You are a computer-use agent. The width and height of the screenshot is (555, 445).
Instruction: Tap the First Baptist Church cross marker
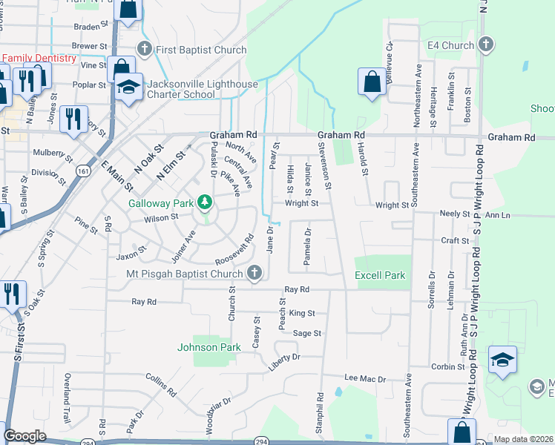(144, 50)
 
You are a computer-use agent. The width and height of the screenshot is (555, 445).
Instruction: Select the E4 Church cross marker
(486, 45)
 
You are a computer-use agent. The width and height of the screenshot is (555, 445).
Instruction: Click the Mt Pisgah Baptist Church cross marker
(254, 273)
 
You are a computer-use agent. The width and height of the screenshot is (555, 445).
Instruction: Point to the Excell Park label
(380, 275)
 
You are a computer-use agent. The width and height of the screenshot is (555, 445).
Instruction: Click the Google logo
(24, 436)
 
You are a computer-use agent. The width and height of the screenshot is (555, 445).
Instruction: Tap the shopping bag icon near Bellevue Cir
(371, 82)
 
